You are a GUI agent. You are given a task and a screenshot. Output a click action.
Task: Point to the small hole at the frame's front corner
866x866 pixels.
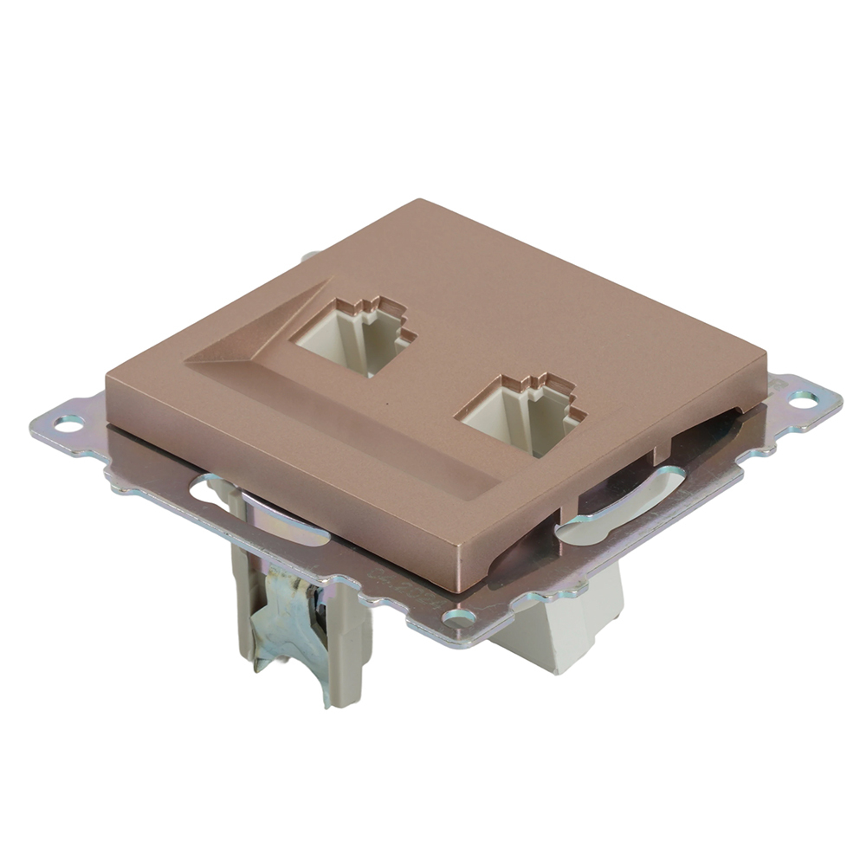(459, 617)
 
